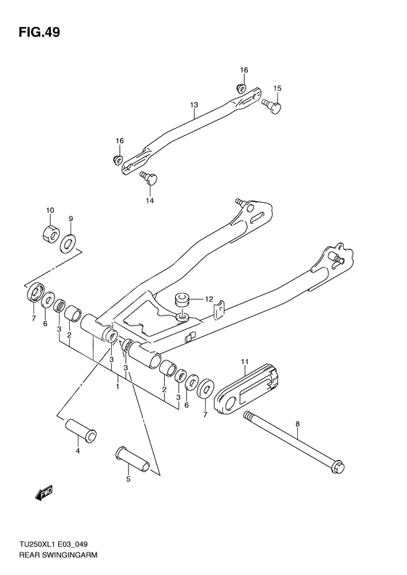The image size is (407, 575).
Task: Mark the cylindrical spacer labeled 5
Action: coord(132,459)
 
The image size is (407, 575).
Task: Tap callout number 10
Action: coord(51,210)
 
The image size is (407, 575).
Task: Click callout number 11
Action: coord(245,361)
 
